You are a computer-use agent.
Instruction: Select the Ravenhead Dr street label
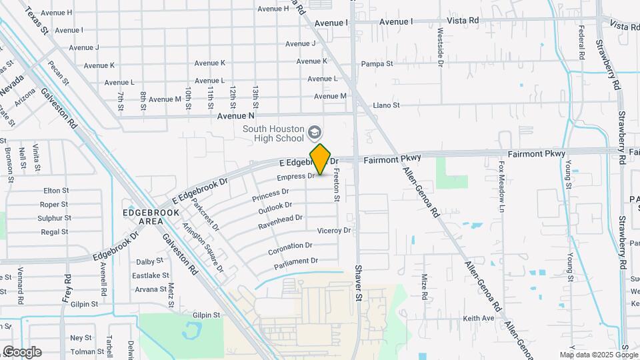coord(281,221)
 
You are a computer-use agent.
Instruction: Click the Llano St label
coord(386,105)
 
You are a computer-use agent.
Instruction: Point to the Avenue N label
coord(236,116)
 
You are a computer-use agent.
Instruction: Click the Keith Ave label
coord(479,319)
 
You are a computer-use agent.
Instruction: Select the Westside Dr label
coord(441,47)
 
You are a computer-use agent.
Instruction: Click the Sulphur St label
coord(55,218)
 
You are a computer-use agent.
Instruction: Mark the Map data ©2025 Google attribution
coord(598,355)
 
